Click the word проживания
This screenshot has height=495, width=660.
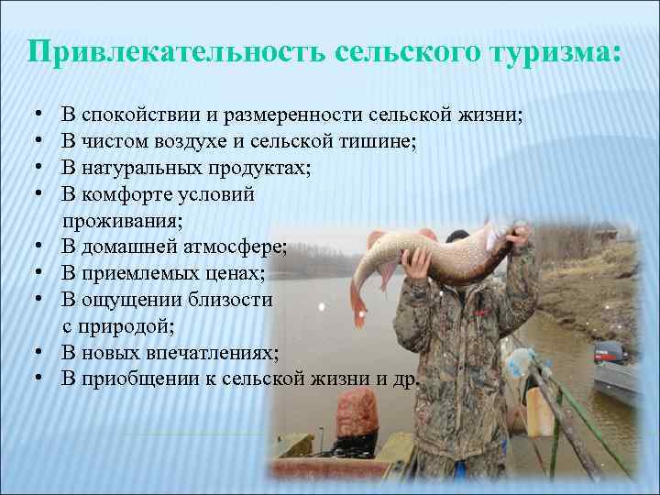(122, 220)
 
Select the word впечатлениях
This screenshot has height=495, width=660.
(221, 352)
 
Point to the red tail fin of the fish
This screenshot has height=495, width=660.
(360, 294)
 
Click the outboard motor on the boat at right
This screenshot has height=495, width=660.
(607, 354)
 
